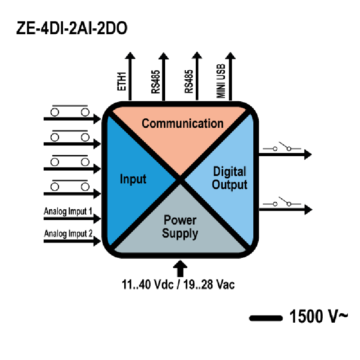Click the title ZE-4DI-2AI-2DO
72,28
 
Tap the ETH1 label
121,81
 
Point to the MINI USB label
221,81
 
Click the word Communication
183,123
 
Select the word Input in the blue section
133,179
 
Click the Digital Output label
229,178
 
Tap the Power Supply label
180,227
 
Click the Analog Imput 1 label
68,211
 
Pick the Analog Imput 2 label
68,234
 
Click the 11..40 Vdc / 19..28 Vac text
178,284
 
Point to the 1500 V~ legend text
319,316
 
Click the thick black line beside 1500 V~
266,318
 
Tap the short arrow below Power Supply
180,268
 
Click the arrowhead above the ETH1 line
130,55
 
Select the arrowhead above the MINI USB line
230,55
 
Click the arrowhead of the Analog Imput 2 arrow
97,241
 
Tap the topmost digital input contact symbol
70,111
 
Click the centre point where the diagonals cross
180,180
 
